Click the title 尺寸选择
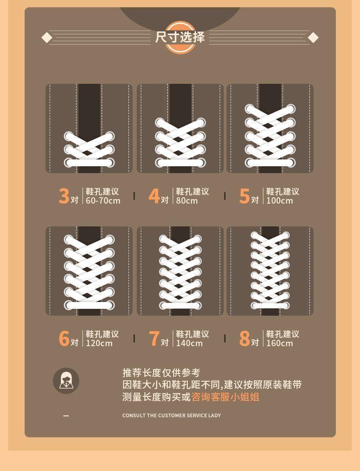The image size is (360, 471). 180,37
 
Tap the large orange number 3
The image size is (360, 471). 64,196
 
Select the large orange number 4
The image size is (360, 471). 154,196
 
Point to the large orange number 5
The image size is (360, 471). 244,196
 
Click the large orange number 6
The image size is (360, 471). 64,338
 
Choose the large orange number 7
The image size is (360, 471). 154,338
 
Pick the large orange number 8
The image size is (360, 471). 244,338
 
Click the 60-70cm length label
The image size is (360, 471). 103,201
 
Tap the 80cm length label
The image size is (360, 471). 187,201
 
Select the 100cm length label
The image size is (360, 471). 279,201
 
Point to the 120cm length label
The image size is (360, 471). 99,343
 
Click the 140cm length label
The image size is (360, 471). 189,343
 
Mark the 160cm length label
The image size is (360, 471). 279,343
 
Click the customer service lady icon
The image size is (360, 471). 66,381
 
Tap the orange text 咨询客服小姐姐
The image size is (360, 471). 226,397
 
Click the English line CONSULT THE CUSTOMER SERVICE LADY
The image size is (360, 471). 172,415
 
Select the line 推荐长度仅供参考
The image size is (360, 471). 161,373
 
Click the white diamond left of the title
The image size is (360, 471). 46,38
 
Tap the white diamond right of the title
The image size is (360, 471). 313,38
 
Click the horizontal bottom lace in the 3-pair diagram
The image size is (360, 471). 89,163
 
